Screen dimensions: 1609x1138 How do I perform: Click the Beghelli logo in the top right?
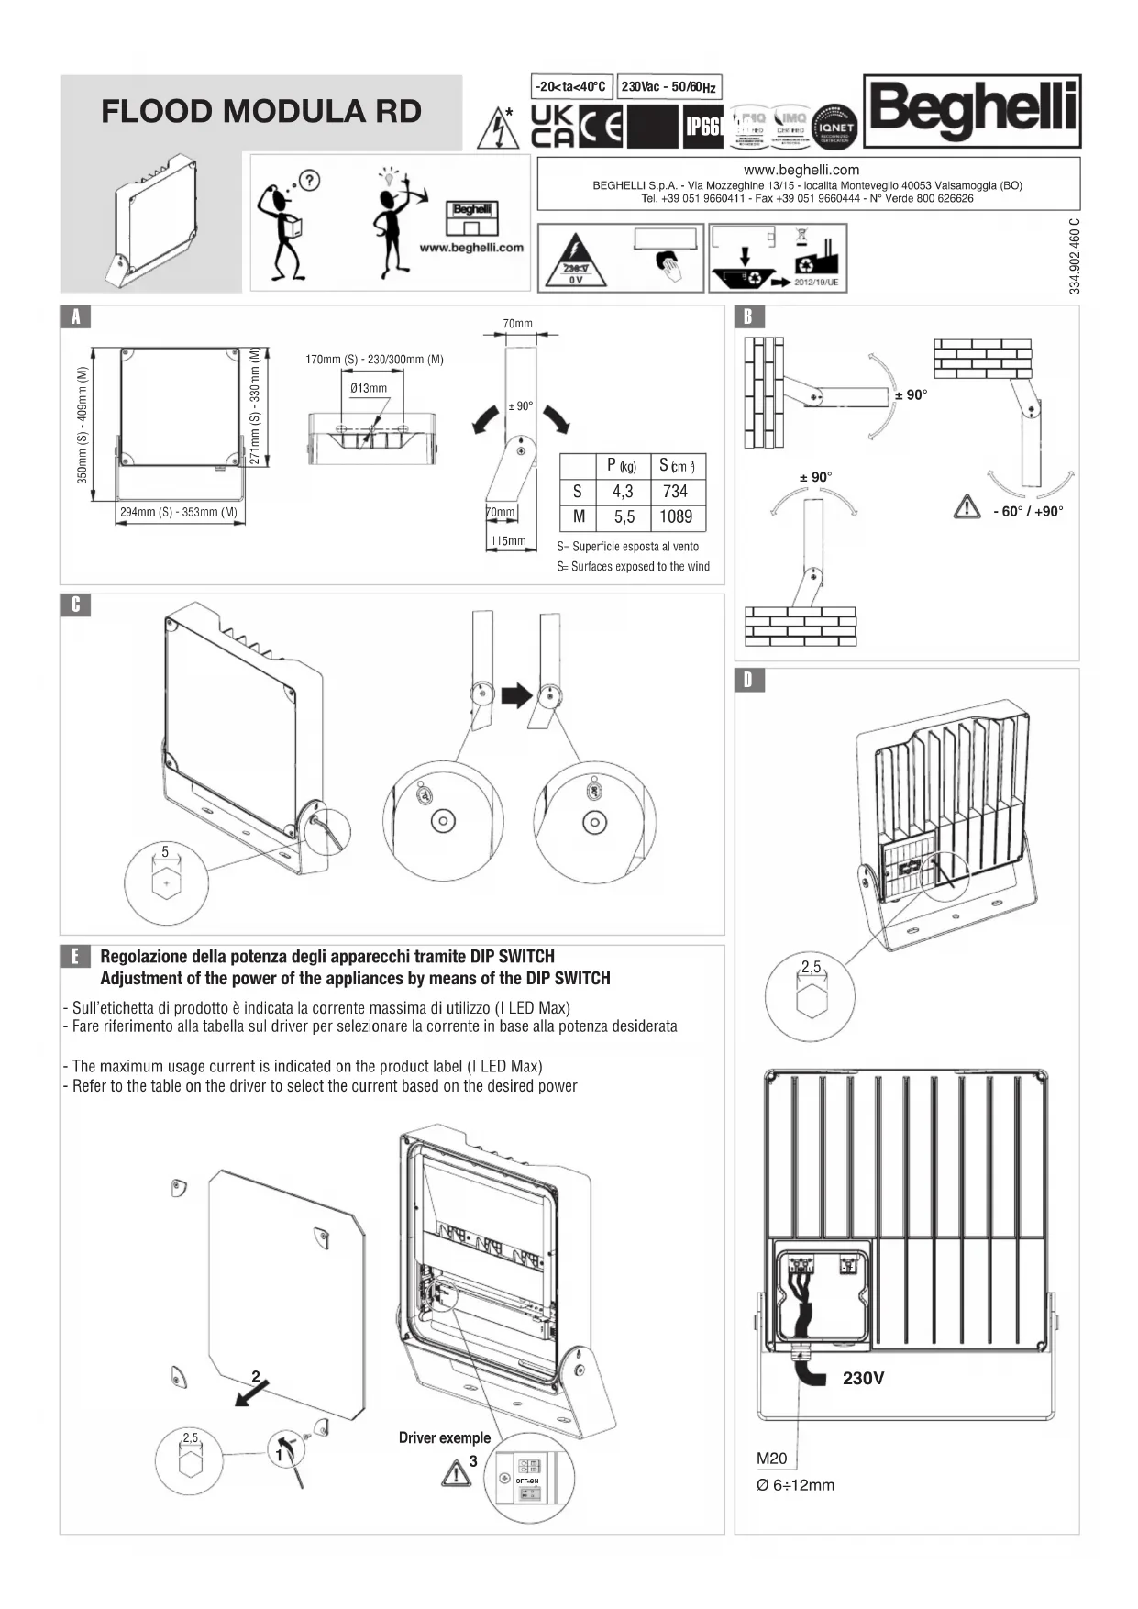click(x=972, y=111)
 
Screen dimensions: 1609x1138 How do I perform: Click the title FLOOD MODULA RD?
click(x=261, y=112)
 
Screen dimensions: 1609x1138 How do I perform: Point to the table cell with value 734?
click(x=675, y=492)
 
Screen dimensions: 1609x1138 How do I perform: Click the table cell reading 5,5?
click(x=624, y=517)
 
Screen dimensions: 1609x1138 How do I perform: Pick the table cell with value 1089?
click(x=676, y=517)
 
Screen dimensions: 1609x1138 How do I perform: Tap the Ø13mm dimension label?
click(x=369, y=388)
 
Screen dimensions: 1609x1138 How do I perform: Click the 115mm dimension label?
click(x=507, y=541)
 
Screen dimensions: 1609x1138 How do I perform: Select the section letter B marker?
click(x=748, y=316)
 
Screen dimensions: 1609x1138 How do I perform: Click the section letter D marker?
click(x=748, y=680)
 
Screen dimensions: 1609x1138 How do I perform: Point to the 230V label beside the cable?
click(x=863, y=1379)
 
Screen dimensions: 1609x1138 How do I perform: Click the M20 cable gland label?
click(x=772, y=1459)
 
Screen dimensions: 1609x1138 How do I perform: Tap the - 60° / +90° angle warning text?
click(x=1027, y=512)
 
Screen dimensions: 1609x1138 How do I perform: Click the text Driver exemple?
click(x=444, y=1438)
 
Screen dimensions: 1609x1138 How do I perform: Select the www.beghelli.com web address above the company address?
click(x=801, y=170)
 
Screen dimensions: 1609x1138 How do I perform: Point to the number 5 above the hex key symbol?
click(x=165, y=851)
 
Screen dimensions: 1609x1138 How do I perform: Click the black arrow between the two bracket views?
click(x=518, y=694)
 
